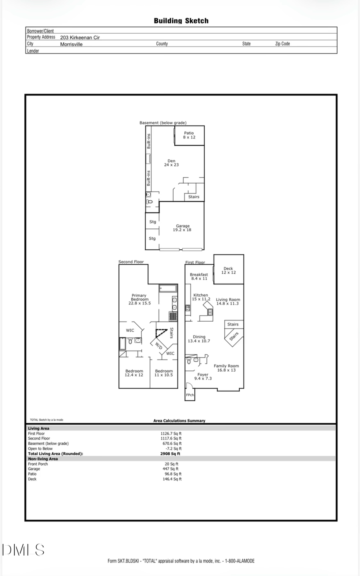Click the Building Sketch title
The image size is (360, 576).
tap(181, 21)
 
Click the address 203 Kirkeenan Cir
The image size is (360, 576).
tap(80, 37)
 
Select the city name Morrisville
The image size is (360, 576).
tap(71, 44)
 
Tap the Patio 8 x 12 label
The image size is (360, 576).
tap(189, 135)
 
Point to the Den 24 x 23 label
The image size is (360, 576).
tap(171, 163)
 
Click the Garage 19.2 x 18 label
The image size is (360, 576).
tap(182, 228)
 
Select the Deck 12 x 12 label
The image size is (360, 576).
tap(228, 271)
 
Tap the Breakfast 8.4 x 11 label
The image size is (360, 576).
tap(199, 276)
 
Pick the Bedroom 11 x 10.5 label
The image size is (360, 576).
tap(164, 373)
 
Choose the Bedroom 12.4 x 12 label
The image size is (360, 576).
tap(134, 373)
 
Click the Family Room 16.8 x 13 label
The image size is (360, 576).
tap(226, 368)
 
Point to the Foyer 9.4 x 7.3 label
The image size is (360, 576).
tap(203, 376)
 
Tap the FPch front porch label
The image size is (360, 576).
tap(190, 395)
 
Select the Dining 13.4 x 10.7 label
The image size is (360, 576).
tap(199, 339)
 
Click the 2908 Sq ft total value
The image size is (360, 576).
tap(170, 454)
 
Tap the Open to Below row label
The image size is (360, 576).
tap(40, 449)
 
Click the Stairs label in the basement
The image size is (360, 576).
tap(194, 197)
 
